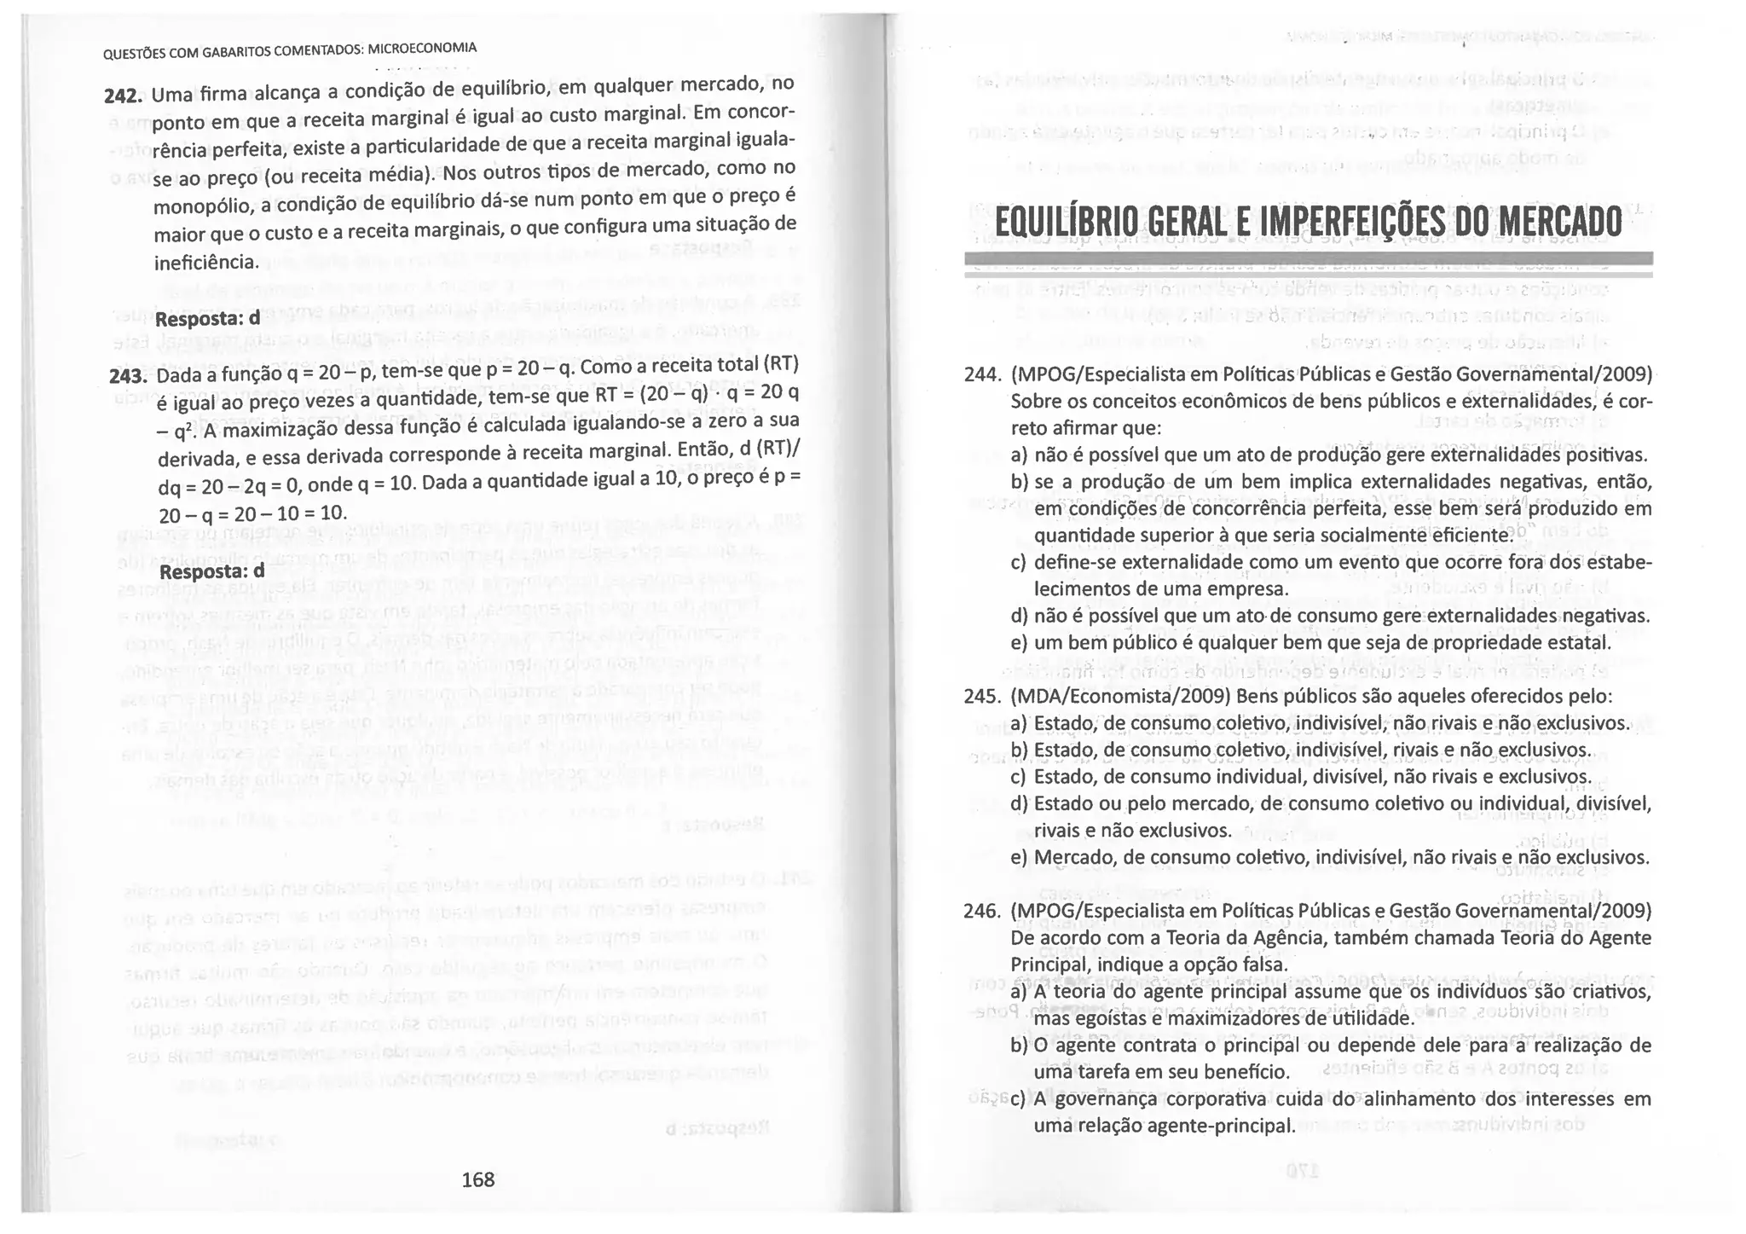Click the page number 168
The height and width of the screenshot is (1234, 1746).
click(477, 1179)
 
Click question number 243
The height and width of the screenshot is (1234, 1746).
click(129, 376)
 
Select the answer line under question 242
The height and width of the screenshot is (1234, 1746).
click(207, 319)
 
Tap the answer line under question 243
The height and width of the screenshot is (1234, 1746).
click(212, 570)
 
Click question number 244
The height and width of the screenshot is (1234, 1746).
click(981, 374)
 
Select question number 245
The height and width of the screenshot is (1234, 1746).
click(981, 697)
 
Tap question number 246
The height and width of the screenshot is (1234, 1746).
click(981, 912)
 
